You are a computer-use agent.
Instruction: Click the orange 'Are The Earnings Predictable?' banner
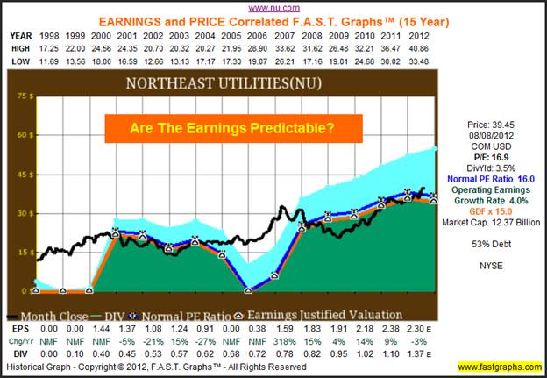click(x=233, y=128)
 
